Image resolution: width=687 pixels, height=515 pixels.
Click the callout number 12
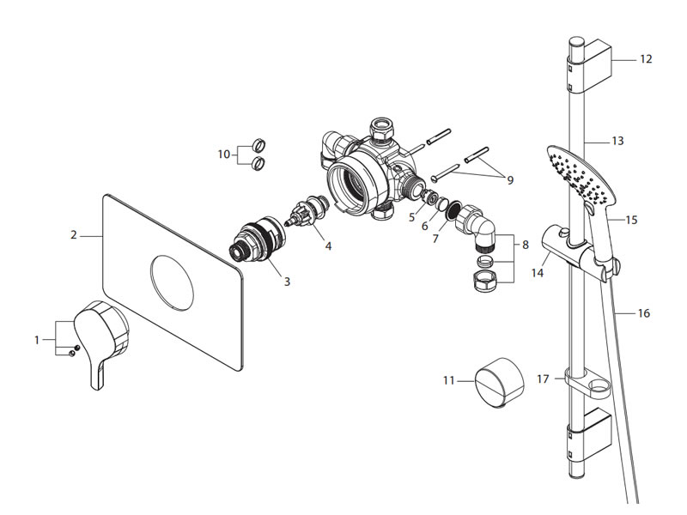coord(646,59)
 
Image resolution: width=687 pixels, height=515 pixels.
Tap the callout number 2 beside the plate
coord(74,233)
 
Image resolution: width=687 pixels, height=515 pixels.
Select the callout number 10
coord(224,154)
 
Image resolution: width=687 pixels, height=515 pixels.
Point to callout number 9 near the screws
coord(509,180)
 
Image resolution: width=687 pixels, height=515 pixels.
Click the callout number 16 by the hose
coord(643,313)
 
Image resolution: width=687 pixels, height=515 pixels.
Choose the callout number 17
coord(543,379)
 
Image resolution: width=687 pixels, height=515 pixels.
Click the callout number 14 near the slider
coord(538,273)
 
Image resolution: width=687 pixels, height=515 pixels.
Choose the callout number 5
coord(412,218)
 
